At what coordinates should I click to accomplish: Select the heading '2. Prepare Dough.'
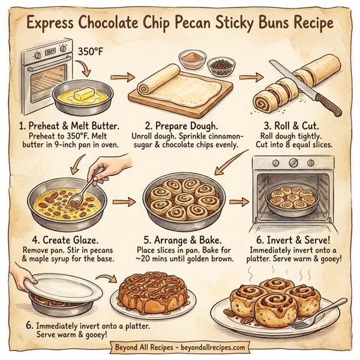tap(181, 127)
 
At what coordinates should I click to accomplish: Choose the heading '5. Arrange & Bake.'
tap(180, 238)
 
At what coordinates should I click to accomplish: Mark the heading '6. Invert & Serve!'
tap(298, 238)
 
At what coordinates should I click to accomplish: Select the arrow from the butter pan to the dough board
tap(122, 77)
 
